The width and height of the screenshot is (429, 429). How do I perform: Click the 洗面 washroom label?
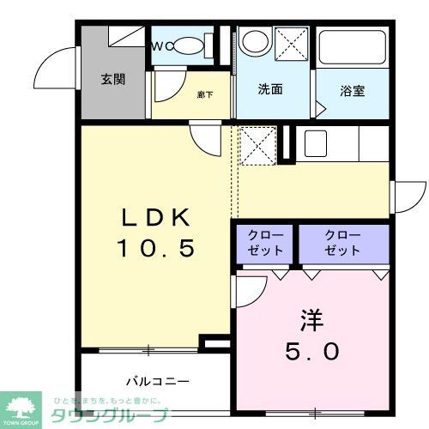[x=270, y=89]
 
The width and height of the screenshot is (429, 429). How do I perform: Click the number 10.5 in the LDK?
[x=157, y=249]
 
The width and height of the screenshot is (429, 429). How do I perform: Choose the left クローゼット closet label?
[x=263, y=243]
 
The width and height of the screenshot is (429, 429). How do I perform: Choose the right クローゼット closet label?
[x=342, y=243]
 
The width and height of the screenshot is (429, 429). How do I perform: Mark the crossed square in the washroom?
[x=293, y=42]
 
